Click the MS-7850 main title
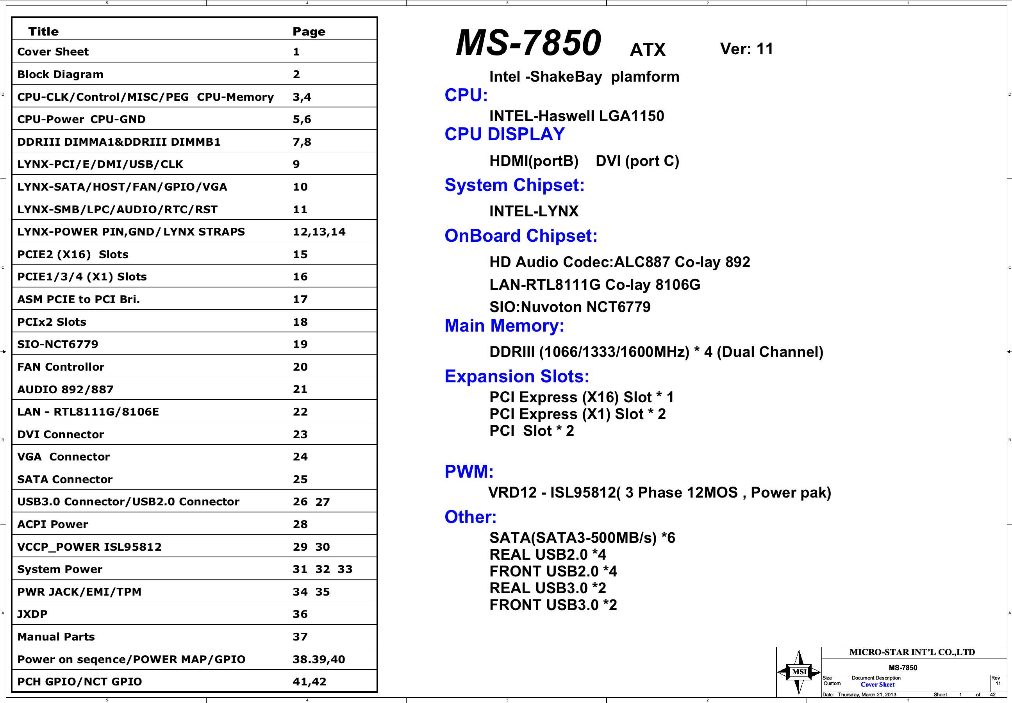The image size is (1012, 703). [x=528, y=43]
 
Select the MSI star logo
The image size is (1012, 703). [x=799, y=671]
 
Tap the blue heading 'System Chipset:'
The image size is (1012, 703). [x=514, y=185]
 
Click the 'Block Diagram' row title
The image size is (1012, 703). [x=60, y=75]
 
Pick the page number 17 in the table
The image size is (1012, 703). [x=300, y=300]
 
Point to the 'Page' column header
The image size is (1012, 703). [x=309, y=32]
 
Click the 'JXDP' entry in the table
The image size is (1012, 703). [x=32, y=614]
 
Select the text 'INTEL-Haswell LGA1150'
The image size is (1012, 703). [x=577, y=116]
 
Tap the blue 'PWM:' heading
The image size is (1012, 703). [x=469, y=471]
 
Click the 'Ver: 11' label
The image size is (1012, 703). [x=746, y=49]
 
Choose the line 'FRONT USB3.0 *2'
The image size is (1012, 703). [x=553, y=605]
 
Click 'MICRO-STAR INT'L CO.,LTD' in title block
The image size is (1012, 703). [x=912, y=652]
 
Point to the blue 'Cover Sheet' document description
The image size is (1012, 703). [x=877, y=685]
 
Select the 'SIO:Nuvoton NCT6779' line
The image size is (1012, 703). [x=570, y=307]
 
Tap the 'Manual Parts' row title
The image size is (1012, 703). [x=56, y=637]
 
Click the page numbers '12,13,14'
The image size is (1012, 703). [x=319, y=232]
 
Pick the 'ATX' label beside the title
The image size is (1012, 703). [x=647, y=50]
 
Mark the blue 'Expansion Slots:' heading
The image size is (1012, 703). [x=517, y=376]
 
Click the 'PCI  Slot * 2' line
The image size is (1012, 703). [x=532, y=431]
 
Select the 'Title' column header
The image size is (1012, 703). [x=43, y=32]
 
